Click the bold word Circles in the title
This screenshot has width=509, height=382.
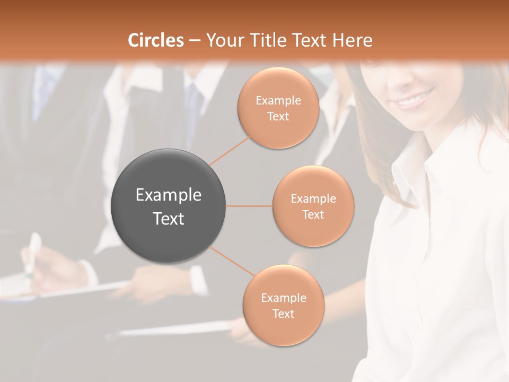pyautogui.click(x=155, y=40)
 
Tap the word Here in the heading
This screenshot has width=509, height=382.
pyautogui.click(x=352, y=40)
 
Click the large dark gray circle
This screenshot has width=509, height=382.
pyautogui.click(x=169, y=206)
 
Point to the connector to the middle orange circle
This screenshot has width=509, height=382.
pyautogui.click(x=249, y=206)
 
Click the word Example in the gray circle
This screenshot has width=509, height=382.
pyautogui.click(x=169, y=195)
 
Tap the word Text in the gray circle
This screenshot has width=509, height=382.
pyautogui.click(x=169, y=219)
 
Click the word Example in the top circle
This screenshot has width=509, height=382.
pyautogui.click(x=278, y=100)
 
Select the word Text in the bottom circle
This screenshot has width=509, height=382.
pyautogui.click(x=283, y=314)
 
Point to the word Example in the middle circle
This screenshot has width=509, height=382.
pyautogui.click(x=313, y=198)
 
